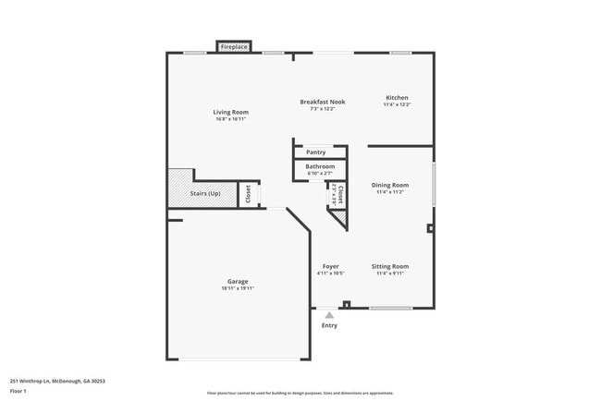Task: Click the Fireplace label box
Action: (x=233, y=46)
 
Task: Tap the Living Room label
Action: (x=231, y=112)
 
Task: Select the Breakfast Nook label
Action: (x=322, y=101)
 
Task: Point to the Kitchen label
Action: (x=397, y=98)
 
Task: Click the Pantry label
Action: (x=315, y=152)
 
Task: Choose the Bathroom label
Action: (x=320, y=166)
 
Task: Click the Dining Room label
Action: (x=390, y=185)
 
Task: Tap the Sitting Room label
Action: (x=390, y=266)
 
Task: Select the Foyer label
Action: (x=330, y=266)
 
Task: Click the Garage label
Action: (x=238, y=281)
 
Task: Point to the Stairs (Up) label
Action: (x=204, y=193)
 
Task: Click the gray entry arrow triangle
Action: (x=329, y=315)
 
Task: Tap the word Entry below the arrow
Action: (x=329, y=325)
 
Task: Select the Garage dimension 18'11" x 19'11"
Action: (x=238, y=288)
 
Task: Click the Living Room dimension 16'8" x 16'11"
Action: (x=231, y=118)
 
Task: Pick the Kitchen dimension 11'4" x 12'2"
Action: (x=397, y=104)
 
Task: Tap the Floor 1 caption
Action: (x=19, y=391)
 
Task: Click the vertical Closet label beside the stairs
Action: (x=248, y=194)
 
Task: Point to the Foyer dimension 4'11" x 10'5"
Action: (x=330, y=273)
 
